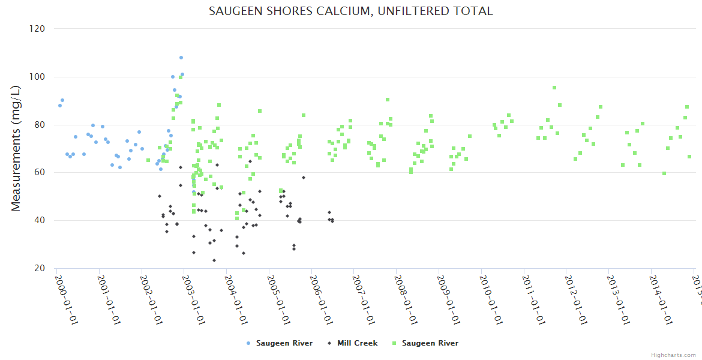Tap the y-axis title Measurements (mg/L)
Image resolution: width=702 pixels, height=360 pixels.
pos(16,148)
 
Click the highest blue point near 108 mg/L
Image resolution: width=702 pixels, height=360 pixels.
pos(181,58)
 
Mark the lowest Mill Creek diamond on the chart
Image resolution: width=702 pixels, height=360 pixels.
pos(214,260)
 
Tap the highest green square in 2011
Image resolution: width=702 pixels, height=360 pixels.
pos(554,88)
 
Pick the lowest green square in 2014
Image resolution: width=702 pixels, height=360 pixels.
pos(664,173)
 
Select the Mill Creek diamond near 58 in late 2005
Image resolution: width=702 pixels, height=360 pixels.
pos(304,178)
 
